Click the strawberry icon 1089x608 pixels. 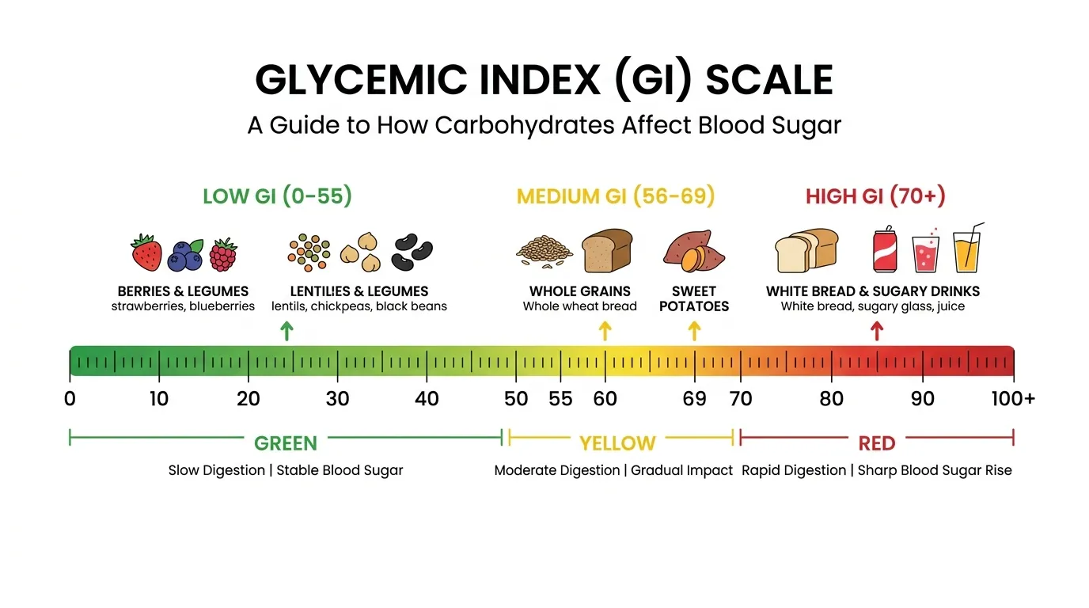pyautogui.click(x=146, y=253)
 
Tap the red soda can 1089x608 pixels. pyautogui.click(x=884, y=251)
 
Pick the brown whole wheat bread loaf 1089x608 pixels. pyautogui.click(x=607, y=250)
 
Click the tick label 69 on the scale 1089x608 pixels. pyautogui.click(x=694, y=398)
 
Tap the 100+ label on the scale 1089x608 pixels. pyautogui.click(x=1013, y=398)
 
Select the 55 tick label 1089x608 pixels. pyautogui.click(x=560, y=398)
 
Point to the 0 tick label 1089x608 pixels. pyautogui.click(x=70, y=398)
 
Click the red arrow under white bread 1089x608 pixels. pyautogui.click(x=876, y=331)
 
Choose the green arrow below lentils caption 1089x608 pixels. pyautogui.click(x=286, y=331)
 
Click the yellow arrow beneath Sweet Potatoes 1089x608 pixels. pyautogui.click(x=694, y=331)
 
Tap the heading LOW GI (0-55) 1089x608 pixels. pyautogui.click(x=277, y=196)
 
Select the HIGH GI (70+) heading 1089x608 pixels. pyautogui.click(x=875, y=196)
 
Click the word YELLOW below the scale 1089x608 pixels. pyautogui.click(x=617, y=443)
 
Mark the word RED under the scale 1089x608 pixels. pyautogui.click(x=877, y=443)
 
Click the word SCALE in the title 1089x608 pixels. pyautogui.click(x=769, y=80)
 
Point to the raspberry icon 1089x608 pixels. pyautogui.click(x=223, y=254)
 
